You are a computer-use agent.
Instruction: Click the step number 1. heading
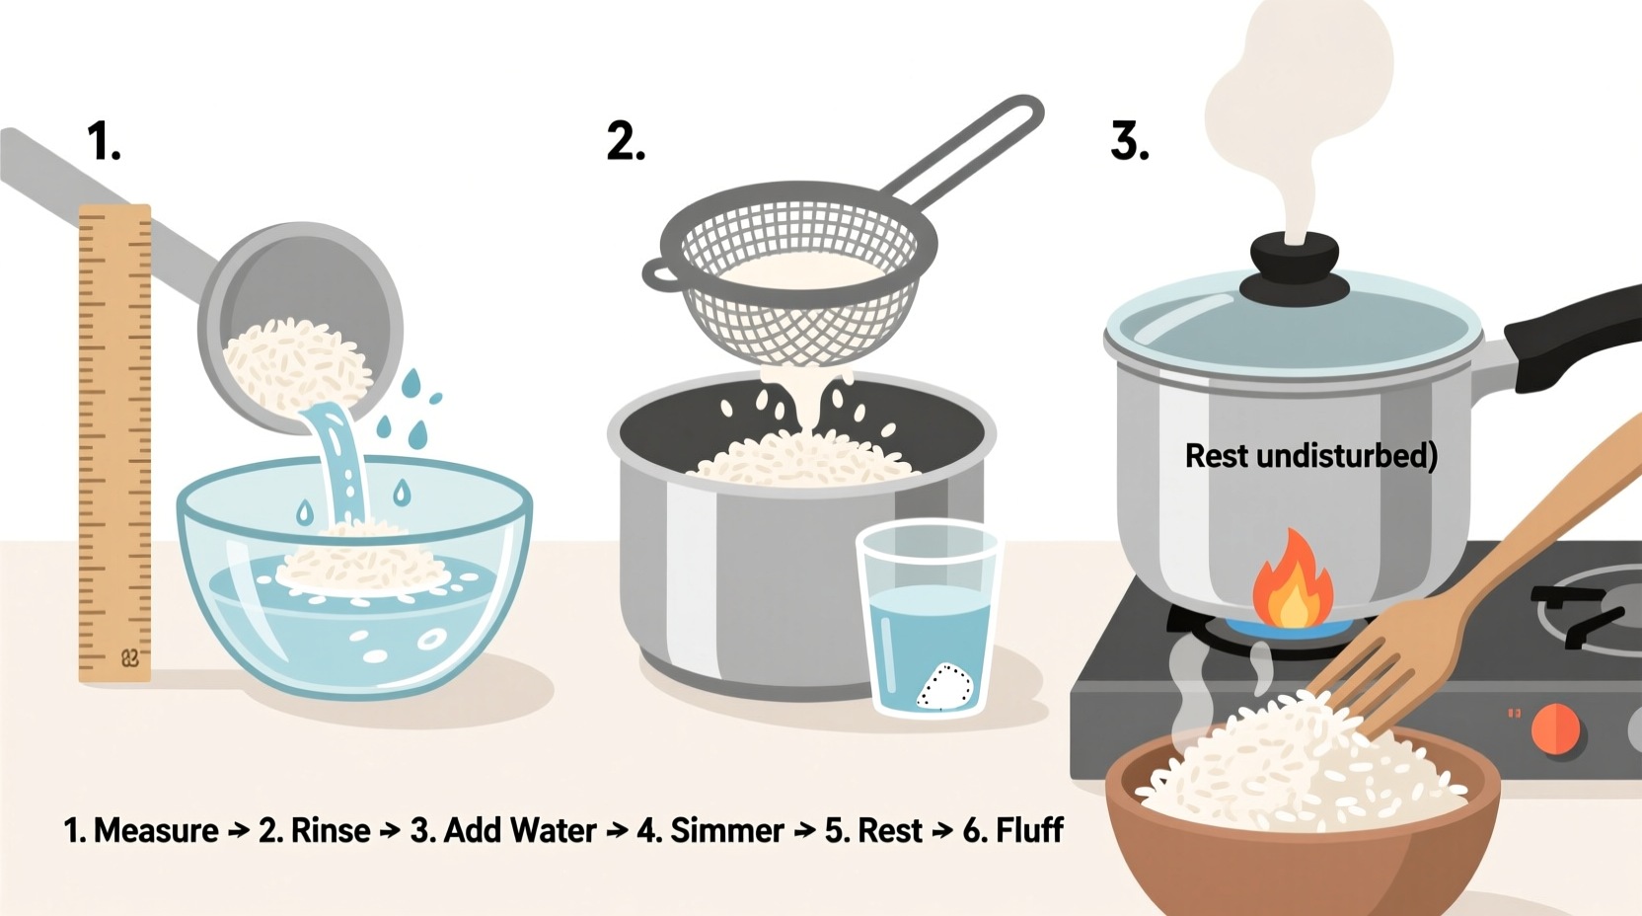pos(104,141)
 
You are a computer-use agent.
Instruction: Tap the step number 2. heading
pos(626,141)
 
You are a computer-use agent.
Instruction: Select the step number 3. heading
pos(1130,141)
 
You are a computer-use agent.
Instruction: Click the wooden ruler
pos(114,444)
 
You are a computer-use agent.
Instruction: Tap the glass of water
pos(928,622)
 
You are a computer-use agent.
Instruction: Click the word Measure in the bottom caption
pos(156,831)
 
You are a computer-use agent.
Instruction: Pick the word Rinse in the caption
pos(331,831)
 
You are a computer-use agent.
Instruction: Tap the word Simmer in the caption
pos(727,831)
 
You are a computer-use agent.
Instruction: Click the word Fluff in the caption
pos(1029,831)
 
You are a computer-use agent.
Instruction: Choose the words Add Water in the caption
pos(520,831)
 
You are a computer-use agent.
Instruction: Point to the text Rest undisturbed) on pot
pos(1310,456)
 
